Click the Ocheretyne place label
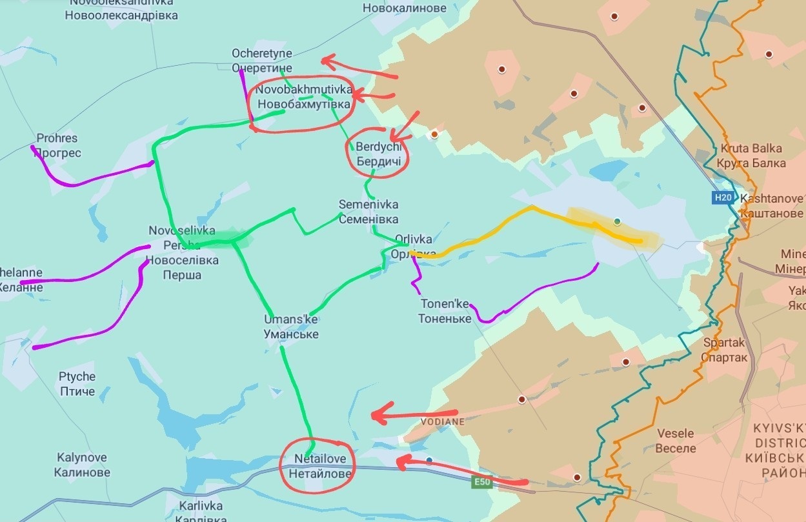262,61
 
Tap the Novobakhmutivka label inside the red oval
303,97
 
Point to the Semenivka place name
368,212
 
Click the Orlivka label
413,246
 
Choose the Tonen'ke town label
445,311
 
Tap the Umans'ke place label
291,326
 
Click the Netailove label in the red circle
320,466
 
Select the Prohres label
57,145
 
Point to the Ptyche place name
77,384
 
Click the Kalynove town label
82,465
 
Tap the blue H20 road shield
723,198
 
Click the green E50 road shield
481,482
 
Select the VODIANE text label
442,421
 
